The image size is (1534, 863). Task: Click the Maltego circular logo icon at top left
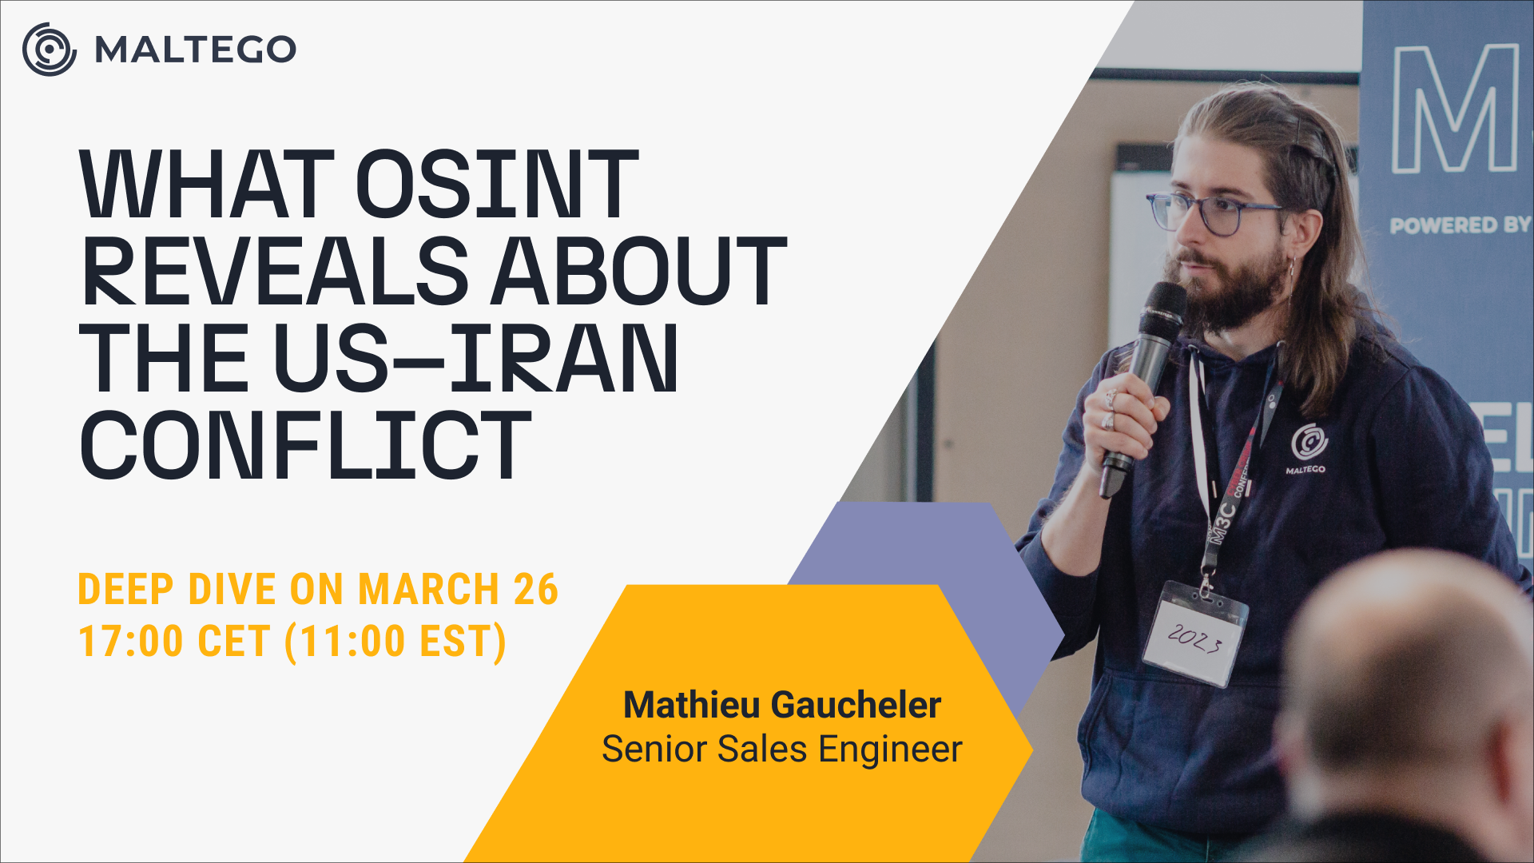pos(50,50)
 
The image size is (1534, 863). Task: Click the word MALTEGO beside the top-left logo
pos(196,50)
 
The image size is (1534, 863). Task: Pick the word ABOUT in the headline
pos(639,271)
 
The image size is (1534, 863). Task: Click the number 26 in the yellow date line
pos(536,590)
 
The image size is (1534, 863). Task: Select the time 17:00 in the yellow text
pos(131,642)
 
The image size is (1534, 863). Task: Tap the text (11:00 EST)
pos(395,642)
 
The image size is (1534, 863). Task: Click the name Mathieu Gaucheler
pos(782,705)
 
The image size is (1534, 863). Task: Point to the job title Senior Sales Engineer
pos(782,750)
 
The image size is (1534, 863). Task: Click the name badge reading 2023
pos(1196,634)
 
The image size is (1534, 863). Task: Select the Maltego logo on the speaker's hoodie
pos(1308,449)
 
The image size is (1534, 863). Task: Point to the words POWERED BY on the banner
pos(1460,225)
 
